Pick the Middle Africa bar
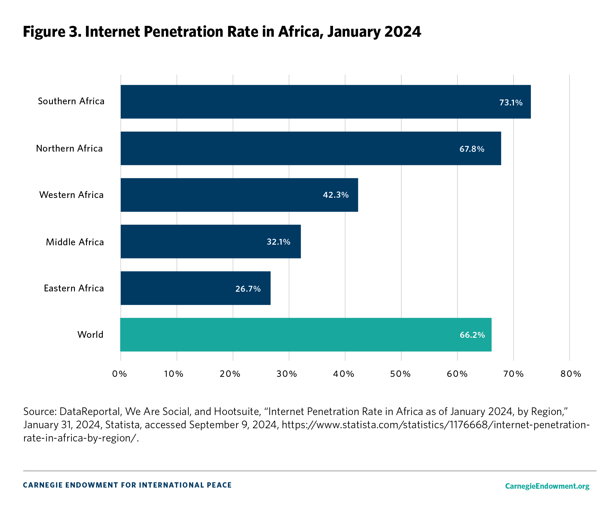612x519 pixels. (x=210, y=241)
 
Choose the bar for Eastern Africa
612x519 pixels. (x=195, y=288)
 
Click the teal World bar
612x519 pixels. (x=306, y=335)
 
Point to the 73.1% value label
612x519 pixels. (x=511, y=103)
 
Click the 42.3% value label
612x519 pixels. (x=336, y=195)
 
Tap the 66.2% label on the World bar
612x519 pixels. (x=472, y=335)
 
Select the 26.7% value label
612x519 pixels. (x=248, y=289)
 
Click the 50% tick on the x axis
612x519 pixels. (x=400, y=374)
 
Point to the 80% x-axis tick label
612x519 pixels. (x=571, y=374)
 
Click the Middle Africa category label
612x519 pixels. (x=75, y=242)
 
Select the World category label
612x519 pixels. (x=90, y=335)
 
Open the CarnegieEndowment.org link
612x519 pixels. (x=547, y=486)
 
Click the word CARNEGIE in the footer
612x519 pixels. (x=42, y=485)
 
